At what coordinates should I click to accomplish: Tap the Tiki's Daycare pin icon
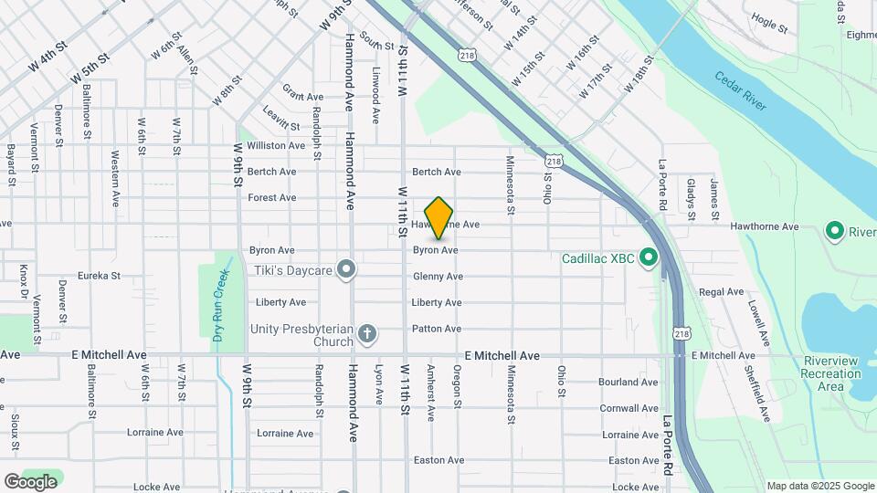tap(346, 268)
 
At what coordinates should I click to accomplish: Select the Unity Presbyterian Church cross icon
tap(367, 333)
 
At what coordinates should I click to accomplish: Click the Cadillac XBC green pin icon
tap(648, 257)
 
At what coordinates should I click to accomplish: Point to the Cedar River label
tap(742, 91)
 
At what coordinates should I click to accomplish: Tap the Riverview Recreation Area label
tap(830, 373)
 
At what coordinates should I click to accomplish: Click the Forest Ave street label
tap(272, 197)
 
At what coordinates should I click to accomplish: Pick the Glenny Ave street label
tap(438, 277)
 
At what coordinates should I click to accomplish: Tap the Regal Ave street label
tap(722, 292)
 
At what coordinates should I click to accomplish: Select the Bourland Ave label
tap(629, 383)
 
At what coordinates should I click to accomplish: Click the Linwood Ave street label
tap(375, 94)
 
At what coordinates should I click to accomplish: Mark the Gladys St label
tap(691, 199)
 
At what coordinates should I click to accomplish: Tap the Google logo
tap(30, 481)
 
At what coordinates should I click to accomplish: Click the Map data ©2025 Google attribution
tap(819, 486)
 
